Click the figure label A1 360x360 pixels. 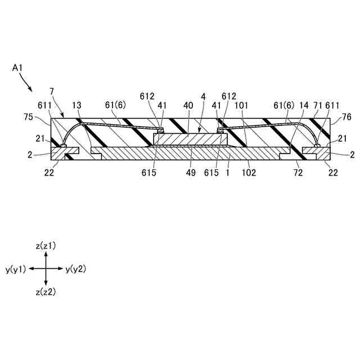17,68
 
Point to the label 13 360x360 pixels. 77,105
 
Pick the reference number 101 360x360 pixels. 242,105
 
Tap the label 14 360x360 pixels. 304,105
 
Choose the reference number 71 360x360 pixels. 317,105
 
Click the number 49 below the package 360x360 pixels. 191,173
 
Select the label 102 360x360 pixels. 248,173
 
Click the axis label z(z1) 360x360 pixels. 46,246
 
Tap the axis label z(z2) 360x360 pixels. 46,292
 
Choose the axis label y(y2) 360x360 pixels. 75,269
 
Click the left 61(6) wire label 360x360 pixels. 116,105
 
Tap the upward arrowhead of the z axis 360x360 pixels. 46,254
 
